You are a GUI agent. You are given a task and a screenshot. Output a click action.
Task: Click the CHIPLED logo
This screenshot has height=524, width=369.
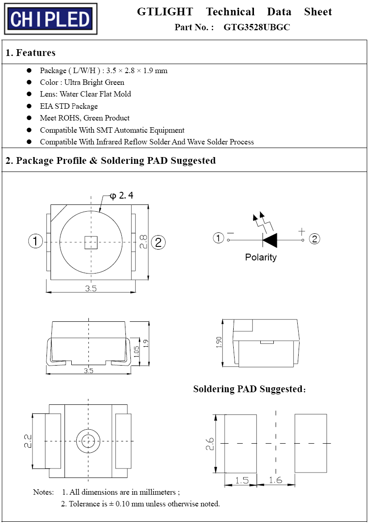tap(51, 19)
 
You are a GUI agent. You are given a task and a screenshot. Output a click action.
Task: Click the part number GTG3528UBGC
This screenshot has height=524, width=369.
tap(256, 27)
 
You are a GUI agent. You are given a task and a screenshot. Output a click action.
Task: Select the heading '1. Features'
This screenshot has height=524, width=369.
tap(30, 53)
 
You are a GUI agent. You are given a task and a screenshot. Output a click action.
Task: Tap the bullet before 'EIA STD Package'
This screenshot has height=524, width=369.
tap(29, 106)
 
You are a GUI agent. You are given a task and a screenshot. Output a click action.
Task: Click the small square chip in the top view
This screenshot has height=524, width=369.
tap(91, 242)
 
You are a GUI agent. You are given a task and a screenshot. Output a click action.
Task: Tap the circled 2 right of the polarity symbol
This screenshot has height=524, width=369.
tap(314, 239)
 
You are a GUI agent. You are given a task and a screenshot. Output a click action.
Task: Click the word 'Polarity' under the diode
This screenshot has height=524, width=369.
tap(261, 257)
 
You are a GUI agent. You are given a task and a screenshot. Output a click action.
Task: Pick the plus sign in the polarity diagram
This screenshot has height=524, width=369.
tap(302, 232)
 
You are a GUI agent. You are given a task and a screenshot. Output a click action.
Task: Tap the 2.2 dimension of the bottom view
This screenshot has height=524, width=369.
tap(27, 441)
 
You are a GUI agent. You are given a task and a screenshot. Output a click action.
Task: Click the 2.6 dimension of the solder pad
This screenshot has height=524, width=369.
tap(209, 444)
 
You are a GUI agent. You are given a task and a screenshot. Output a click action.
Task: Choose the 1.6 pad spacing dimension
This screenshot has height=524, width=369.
tap(275, 480)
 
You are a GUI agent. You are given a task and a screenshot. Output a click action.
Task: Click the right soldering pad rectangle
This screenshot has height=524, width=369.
tap(310, 443)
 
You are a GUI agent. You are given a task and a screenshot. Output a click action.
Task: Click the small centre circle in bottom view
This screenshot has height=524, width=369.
tap(88, 441)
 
